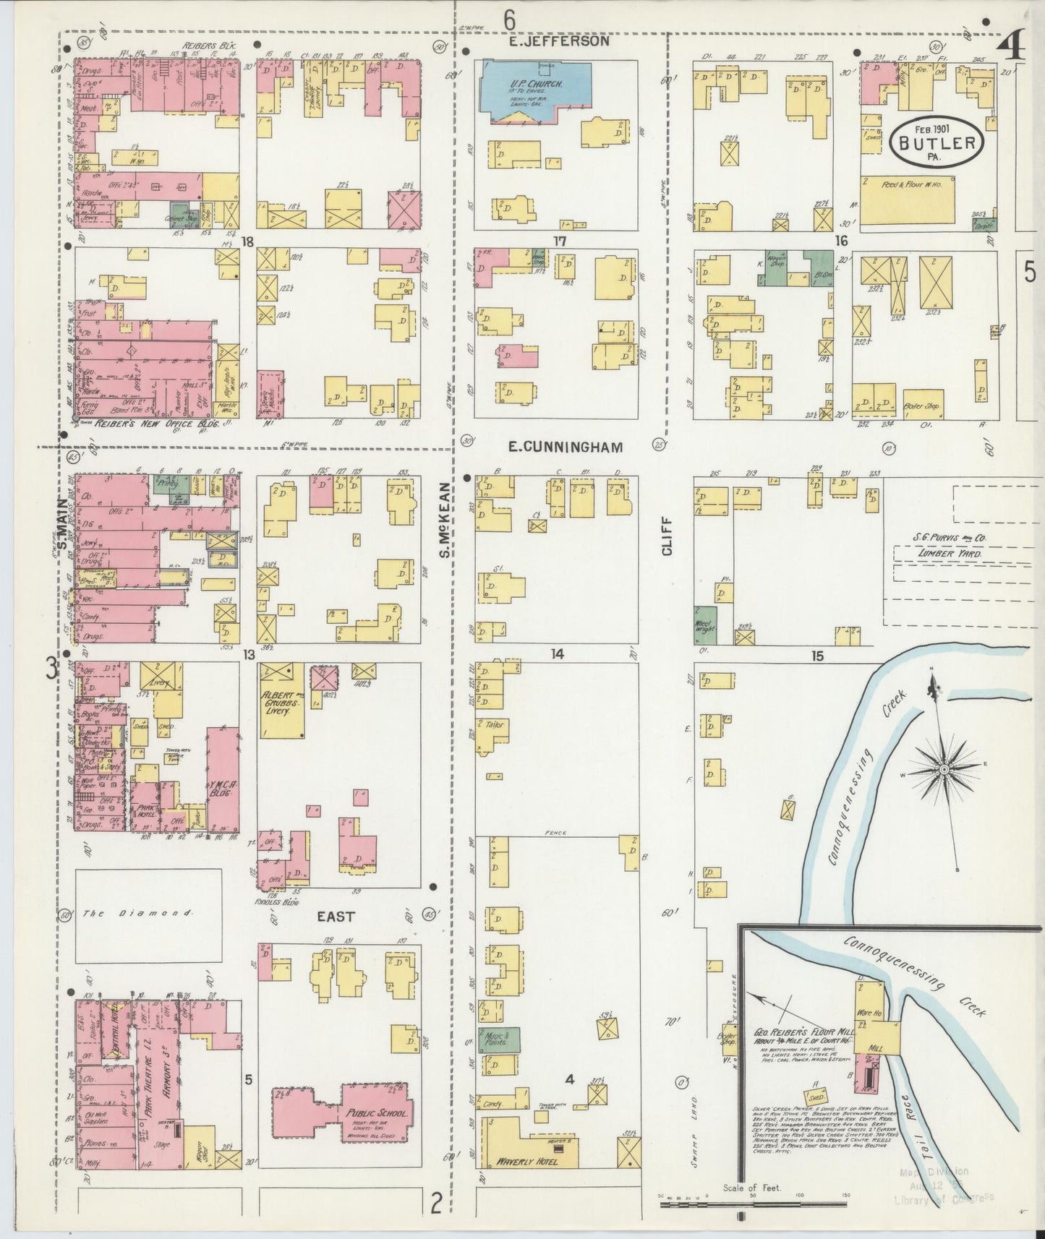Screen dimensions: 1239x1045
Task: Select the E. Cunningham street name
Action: coord(565,447)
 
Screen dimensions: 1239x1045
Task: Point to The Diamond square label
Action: coord(137,914)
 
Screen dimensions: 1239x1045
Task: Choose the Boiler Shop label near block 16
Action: coord(922,406)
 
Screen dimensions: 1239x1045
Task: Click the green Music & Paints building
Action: coord(498,1039)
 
